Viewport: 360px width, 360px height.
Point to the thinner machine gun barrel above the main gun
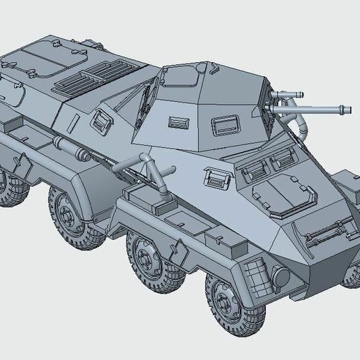(292, 93)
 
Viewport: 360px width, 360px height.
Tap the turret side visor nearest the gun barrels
(225, 126)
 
